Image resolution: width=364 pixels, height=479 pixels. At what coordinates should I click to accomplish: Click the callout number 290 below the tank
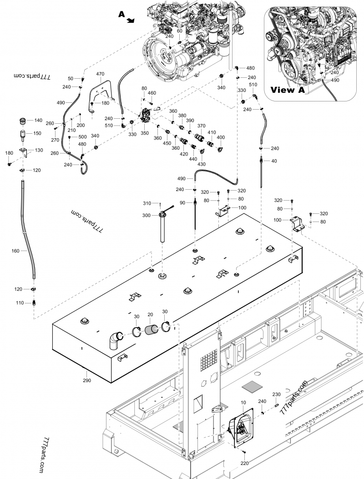(x=86, y=379)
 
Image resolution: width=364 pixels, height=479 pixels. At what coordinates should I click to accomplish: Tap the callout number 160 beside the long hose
(x=15, y=250)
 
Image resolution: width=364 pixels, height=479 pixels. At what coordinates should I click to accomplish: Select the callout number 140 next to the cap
(x=39, y=121)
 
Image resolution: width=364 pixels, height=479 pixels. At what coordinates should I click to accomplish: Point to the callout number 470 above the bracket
(x=100, y=73)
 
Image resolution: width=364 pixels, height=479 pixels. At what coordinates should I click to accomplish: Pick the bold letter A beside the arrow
(x=121, y=15)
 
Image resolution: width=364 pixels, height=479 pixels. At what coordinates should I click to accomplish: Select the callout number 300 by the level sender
(x=147, y=215)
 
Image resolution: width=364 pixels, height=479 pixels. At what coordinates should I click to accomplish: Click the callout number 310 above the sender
(x=147, y=203)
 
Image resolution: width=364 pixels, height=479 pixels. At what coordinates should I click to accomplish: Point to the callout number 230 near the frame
(x=276, y=394)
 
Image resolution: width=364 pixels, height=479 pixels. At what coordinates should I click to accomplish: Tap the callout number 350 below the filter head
(x=145, y=133)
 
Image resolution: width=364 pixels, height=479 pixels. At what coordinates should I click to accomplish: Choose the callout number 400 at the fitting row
(x=221, y=137)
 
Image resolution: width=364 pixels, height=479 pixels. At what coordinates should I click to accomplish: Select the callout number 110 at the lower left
(x=20, y=303)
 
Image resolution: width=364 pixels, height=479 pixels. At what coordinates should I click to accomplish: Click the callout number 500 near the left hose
(x=82, y=137)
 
